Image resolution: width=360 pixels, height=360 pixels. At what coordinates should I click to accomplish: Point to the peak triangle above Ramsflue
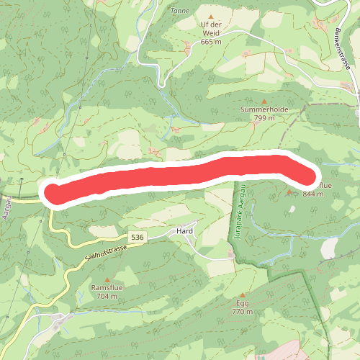tap(108, 279)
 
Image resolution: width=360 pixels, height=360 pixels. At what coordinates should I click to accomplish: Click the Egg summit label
tap(243, 303)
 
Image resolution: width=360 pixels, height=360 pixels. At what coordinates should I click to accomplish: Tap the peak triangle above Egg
tap(243, 295)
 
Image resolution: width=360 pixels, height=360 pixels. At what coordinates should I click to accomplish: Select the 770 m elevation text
tap(243, 312)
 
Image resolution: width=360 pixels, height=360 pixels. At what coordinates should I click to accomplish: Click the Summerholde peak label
tap(264, 109)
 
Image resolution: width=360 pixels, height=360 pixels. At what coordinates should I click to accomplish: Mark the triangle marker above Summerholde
tap(264, 102)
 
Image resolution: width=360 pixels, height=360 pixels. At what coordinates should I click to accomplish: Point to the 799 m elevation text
tap(264, 118)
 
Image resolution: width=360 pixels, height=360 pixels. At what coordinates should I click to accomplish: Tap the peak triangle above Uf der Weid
tap(211, 16)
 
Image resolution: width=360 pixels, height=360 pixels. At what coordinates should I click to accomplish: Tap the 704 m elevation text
tap(104, 296)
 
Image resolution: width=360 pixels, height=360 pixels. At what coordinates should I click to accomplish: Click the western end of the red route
tap(53, 194)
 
